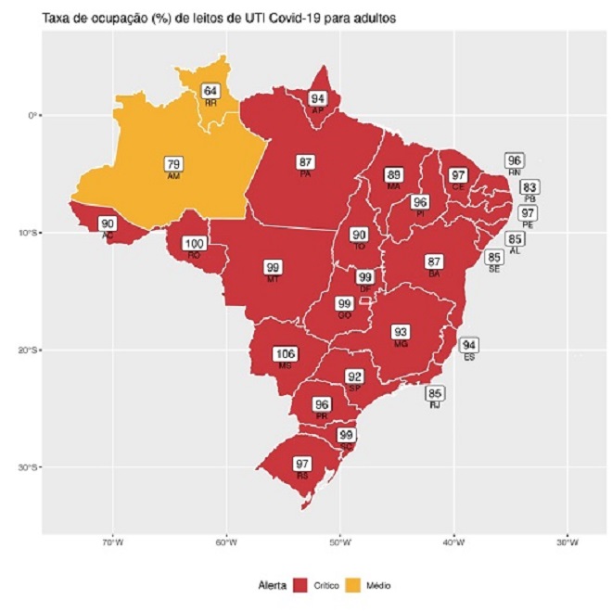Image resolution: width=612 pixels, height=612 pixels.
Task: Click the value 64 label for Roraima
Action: point(211,91)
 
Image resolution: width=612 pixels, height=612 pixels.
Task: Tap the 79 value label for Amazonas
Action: point(173,164)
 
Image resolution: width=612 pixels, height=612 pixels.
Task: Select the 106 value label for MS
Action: point(285,353)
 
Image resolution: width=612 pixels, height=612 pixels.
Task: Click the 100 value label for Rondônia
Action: point(195,244)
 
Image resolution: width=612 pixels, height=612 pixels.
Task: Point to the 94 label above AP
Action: point(318,98)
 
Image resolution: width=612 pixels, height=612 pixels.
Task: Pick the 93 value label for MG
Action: point(401,332)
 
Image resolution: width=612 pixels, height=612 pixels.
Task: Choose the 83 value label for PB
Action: point(529,187)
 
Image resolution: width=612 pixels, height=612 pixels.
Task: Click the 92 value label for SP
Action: point(354,376)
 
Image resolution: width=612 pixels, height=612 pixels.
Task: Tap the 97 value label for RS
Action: point(302,463)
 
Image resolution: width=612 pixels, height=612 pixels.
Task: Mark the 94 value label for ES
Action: point(469,345)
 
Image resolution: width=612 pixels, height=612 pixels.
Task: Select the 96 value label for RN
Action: point(515,160)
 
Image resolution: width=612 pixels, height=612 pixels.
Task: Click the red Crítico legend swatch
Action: point(300,586)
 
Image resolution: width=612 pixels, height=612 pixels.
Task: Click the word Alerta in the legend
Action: point(273,586)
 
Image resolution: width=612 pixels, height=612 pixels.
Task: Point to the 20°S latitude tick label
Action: point(25,350)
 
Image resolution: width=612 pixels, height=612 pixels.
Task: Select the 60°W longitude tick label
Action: point(226,543)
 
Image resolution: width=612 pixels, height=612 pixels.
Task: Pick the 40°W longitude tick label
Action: point(453,543)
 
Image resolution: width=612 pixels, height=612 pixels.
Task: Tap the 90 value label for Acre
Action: point(108,223)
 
